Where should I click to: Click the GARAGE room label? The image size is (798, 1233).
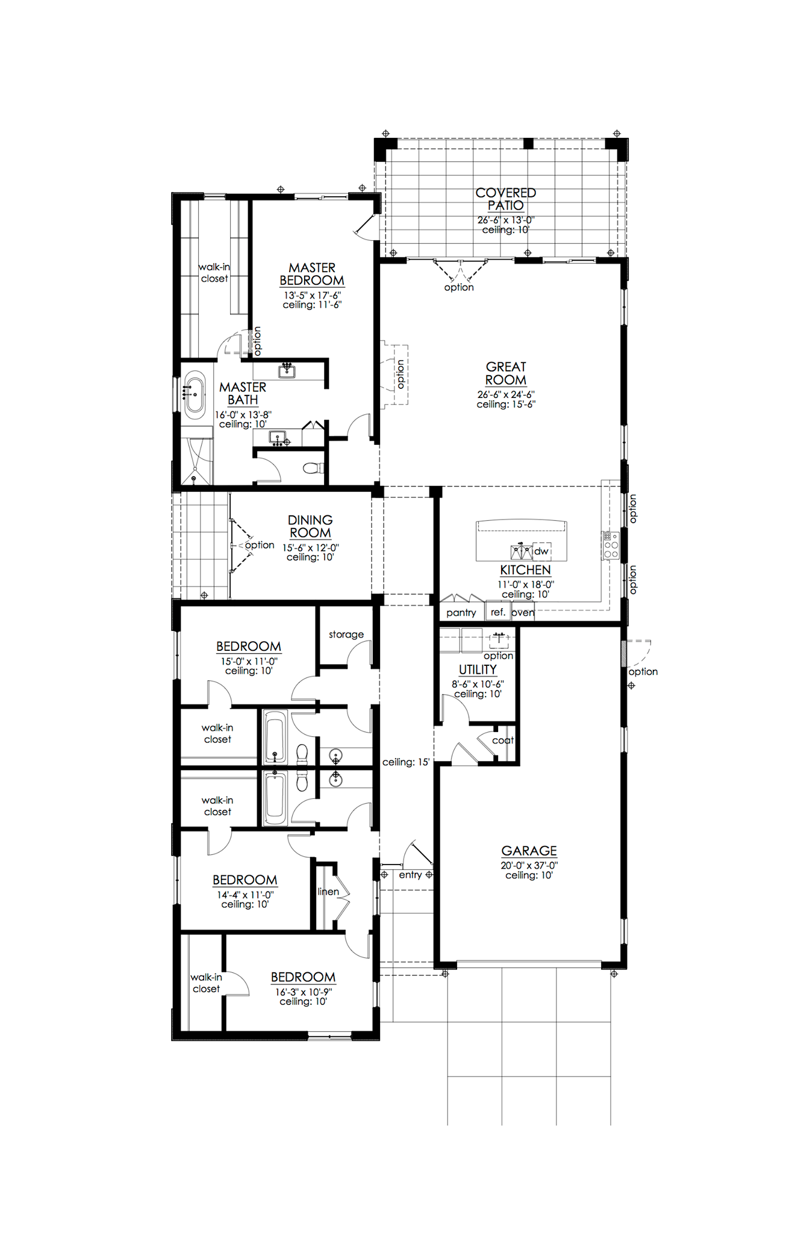click(x=529, y=851)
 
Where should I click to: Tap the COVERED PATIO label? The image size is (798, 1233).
click(x=506, y=199)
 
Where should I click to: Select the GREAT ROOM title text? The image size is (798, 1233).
click(x=506, y=373)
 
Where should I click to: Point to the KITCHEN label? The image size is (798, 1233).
click(x=525, y=570)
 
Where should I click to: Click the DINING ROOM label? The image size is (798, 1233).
click(x=310, y=526)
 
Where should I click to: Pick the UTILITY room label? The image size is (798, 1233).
click(x=478, y=669)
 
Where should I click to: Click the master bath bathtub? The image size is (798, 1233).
click(x=195, y=396)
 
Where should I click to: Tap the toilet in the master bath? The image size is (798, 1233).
click(x=313, y=468)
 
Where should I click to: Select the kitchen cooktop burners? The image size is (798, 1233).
click(x=611, y=545)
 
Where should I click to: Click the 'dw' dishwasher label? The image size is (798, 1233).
click(x=541, y=551)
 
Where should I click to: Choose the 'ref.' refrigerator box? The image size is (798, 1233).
click(x=497, y=612)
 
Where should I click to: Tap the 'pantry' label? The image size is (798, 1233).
click(x=461, y=613)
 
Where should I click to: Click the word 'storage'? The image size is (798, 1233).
click(x=346, y=635)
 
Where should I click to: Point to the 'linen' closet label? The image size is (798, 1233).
click(x=328, y=892)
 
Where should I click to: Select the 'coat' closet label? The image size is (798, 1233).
click(x=503, y=741)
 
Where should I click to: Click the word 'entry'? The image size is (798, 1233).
click(x=410, y=875)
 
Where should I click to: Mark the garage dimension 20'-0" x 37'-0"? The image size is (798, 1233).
click(x=529, y=866)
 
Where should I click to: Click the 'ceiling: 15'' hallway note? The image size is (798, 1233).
click(x=406, y=762)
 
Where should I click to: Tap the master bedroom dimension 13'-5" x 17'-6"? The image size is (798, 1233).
click(x=312, y=296)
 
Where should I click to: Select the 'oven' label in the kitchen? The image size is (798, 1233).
click(x=523, y=613)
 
